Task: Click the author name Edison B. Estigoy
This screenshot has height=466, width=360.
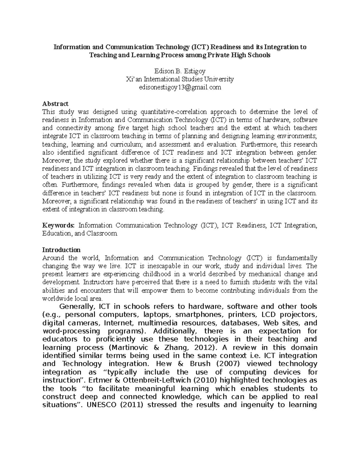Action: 180,71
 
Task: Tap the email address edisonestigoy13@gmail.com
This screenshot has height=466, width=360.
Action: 180,87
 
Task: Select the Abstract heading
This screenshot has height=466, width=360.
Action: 55,104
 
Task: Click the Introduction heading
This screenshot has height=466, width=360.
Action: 61,250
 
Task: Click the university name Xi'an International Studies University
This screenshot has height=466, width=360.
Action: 180,80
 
